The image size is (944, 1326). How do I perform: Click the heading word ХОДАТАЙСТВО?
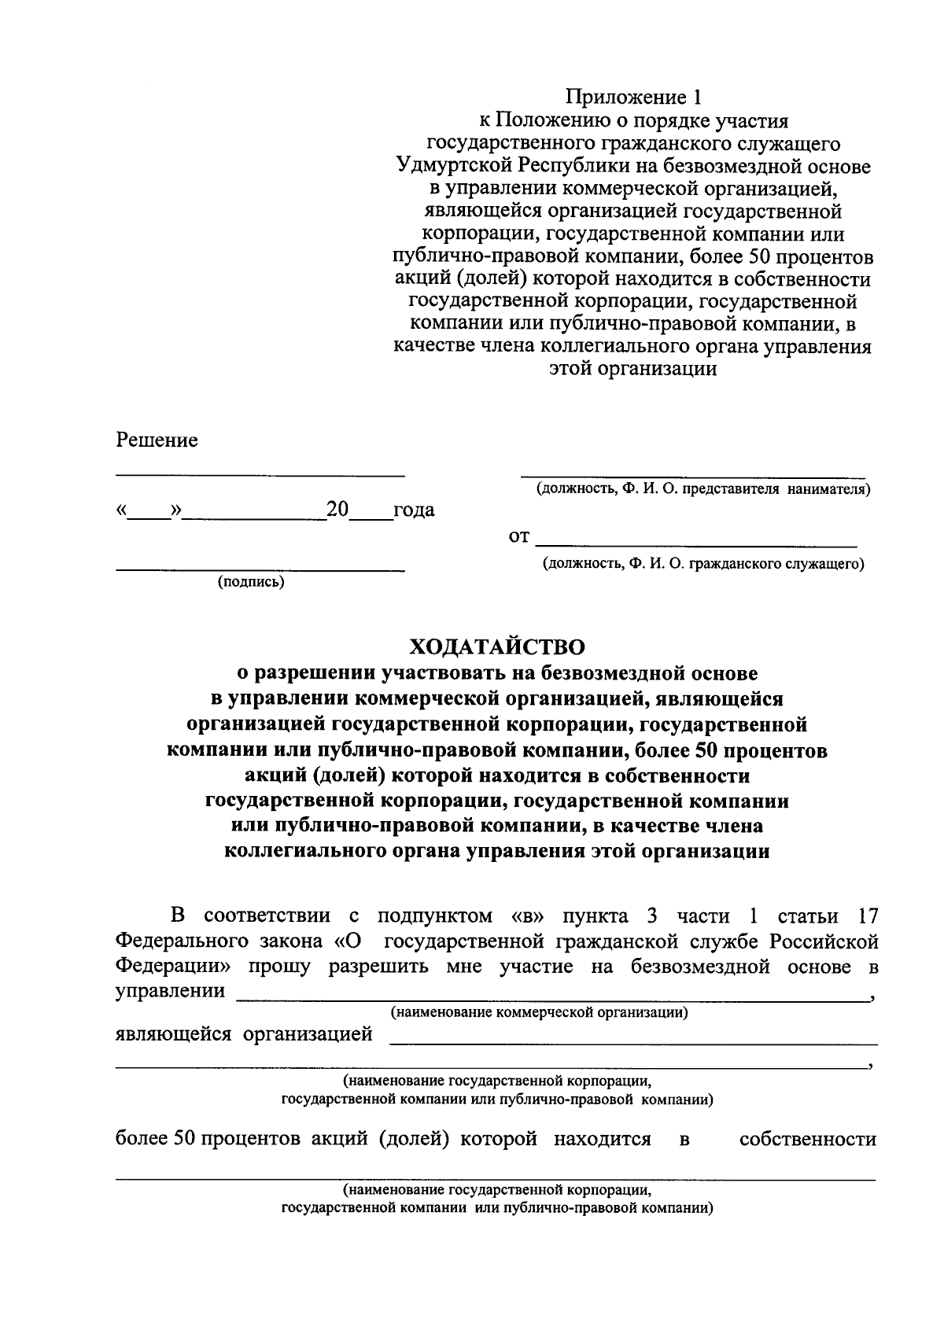tap(497, 646)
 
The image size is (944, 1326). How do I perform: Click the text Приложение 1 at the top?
tap(632, 98)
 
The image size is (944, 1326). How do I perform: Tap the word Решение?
tap(157, 440)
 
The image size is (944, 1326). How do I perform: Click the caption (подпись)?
tap(251, 582)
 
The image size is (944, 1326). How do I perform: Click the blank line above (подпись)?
tap(260, 567)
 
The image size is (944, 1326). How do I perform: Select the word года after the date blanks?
tap(414, 510)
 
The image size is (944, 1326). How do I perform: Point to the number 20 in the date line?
tap(337, 510)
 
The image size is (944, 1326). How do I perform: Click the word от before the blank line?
tap(520, 538)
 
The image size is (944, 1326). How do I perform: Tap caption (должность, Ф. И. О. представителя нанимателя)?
tap(703, 489)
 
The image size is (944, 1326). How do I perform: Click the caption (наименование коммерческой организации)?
tap(540, 1013)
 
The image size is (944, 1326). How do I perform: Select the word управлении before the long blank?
tap(171, 991)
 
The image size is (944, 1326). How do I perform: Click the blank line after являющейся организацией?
tap(633, 1042)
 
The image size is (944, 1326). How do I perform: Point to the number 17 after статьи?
tap(865, 916)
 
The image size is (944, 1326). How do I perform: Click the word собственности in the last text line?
tap(807, 1140)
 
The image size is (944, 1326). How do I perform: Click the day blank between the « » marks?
tap(150, 516)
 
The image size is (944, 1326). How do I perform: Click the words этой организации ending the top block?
tap(632, 370)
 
